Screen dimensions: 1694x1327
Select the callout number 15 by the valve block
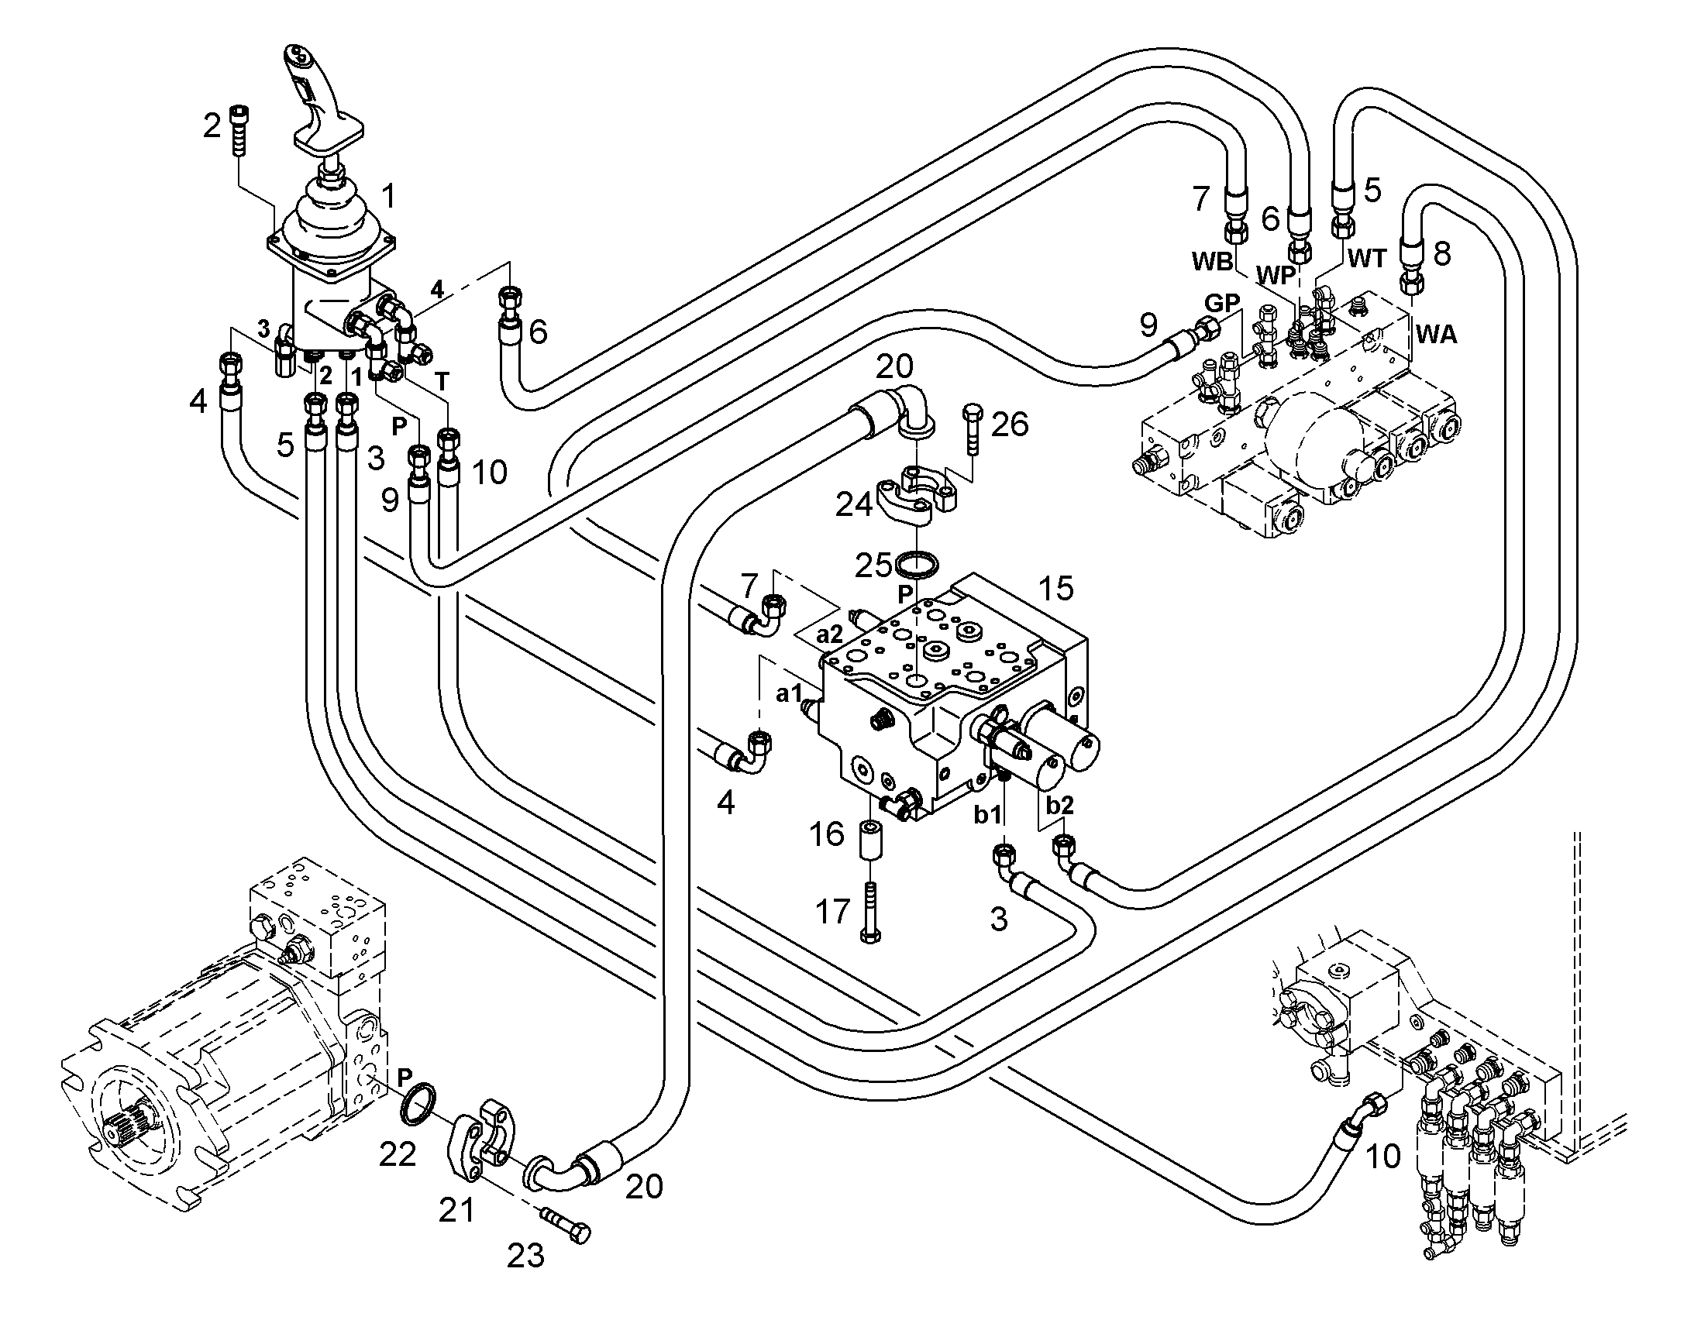click(1056, 590)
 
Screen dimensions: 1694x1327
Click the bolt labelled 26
click(971, 429)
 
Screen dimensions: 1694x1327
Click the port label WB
click(1212, 262)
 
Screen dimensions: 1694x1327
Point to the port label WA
click(1437, 335)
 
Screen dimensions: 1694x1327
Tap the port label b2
click(1060, 806)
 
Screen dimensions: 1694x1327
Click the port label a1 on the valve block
click(789, 693)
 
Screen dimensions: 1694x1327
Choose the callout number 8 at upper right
click(1442, 254)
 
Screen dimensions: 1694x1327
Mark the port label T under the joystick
click(442, 381)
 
